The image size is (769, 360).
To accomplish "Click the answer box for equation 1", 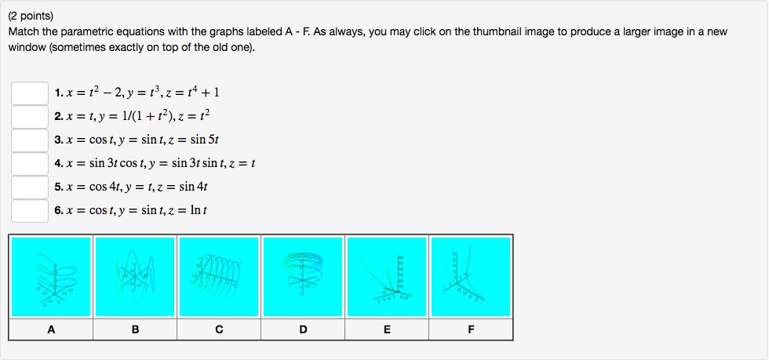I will (x=30, y=93).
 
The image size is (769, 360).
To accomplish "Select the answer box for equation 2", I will (x=30, y=117).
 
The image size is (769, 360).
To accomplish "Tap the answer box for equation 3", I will (x=30, y=140).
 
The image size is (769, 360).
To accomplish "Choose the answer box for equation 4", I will (x=30, y=164).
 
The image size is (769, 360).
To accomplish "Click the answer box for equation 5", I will (x=30, y=187).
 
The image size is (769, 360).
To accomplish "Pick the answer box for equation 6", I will (x=30, y=211).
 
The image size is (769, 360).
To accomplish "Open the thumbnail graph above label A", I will (x=51, y=277).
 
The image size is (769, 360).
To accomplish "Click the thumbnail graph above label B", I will (x=135, y=277).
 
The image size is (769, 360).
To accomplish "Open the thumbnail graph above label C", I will (x=219, y=277).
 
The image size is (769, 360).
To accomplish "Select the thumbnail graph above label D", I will (x=303, y=277).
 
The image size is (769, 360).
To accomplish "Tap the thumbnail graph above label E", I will (x=387, y=277).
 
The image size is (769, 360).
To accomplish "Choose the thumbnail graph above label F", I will (x=471, y=277).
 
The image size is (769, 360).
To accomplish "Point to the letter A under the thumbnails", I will (x=51, y=329).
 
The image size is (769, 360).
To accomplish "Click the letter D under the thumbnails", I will (x=303, y=329).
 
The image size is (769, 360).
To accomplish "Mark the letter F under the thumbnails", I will (x=471, y=329).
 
